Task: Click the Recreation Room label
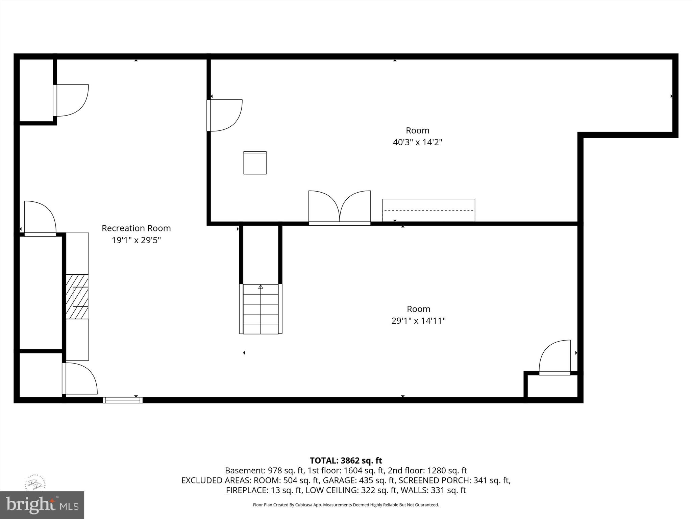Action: (x=136, y=228)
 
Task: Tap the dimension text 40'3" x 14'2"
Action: (x=417, y=142)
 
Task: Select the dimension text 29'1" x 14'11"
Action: (x=418, y=321)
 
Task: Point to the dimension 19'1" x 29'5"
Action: (x=136, y=240)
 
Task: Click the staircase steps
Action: (x=261, y=309)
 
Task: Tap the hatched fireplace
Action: (x=77, y=296)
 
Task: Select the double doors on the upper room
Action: (x=340, y=207)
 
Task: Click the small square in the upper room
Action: (x=255, y=163)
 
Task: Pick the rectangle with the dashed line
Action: (x=428, y=210)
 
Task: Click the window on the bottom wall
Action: (x=123, y=400)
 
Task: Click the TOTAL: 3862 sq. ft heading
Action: (x=346, y=461)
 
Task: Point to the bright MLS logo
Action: (x=42, y=505)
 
